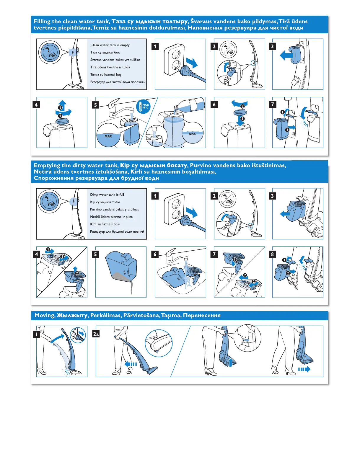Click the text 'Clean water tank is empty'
point(110,45)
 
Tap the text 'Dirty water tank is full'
point(107,195)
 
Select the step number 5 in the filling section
point(95,105)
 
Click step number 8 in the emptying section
point(272,254)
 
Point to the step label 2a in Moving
point(96,334)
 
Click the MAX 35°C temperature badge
point(143,107)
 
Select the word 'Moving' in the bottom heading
point(45,316)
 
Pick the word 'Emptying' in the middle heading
point(47,166)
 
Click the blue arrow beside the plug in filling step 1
point(192,63)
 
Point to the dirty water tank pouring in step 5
point(121,267)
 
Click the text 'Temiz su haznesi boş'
point(106,75)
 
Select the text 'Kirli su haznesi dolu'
point(105,224)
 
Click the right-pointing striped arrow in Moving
point(304,369)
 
